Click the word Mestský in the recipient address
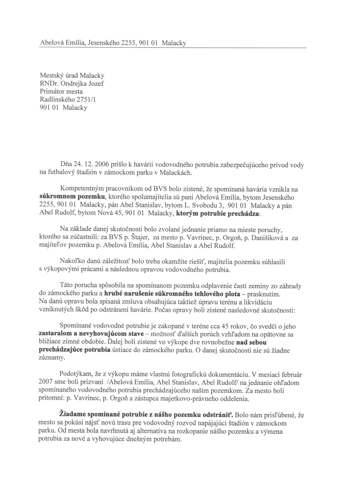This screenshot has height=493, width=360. [53, 75]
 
